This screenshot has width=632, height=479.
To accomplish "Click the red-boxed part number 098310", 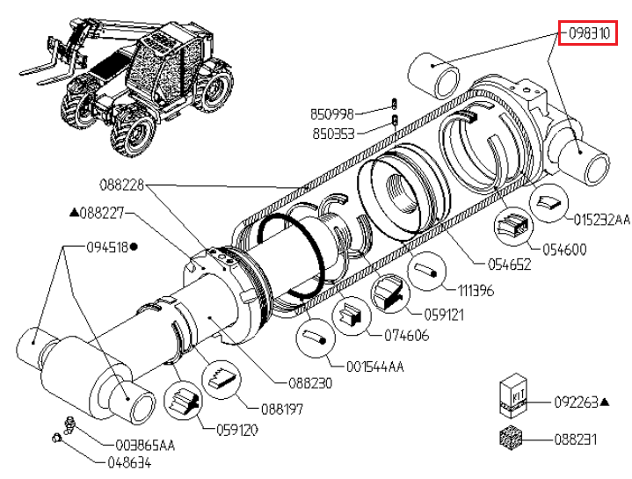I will [x=589, y=34].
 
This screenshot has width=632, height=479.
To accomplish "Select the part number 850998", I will [x=332, y=113].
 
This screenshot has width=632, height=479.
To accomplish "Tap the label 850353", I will [x=332, y=134].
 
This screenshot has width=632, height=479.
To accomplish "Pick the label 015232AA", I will [x=602, y=218].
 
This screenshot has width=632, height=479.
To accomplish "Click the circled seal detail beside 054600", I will [x=512, y=227].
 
